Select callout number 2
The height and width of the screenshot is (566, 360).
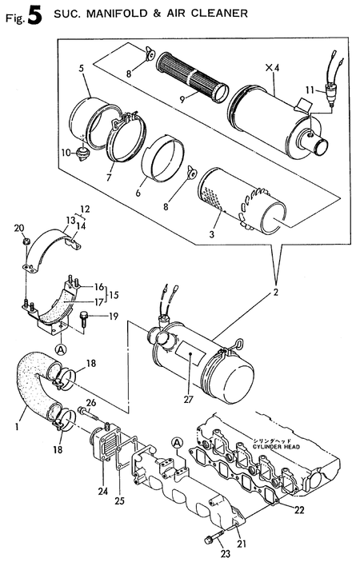[276, 293]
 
